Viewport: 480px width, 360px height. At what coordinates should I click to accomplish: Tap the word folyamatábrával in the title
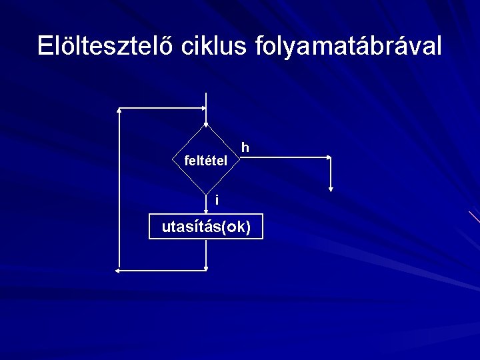pyautogui.click(x=348, y=45)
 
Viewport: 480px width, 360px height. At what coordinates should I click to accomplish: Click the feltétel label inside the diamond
pyautogui.click(x=205, y=161)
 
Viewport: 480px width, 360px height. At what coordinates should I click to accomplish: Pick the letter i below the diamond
pyautogui.click(x=216, y=200)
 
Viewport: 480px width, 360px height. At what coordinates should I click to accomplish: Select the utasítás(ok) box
pyautogui.click(x=207, y=227)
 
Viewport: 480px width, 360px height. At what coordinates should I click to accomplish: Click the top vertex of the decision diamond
pyautogui.click(x=207, y=125)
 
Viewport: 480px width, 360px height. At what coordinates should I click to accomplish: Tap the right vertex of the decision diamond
pyautogui.click(x=241, y=158)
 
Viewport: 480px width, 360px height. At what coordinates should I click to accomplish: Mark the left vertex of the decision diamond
pyautogui.click(x=173, y=158)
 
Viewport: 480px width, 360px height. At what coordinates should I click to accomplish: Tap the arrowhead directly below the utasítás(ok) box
pyautogui.click(x=207, y=268)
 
